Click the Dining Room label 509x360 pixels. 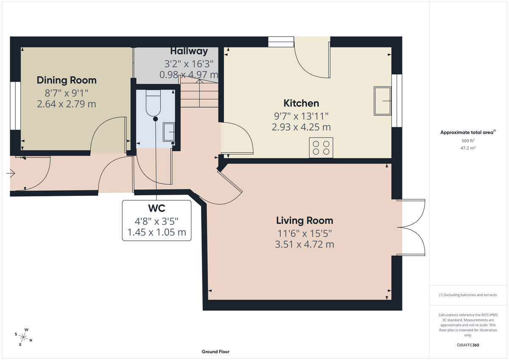point(67,80)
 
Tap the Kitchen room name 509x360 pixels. point(301,103)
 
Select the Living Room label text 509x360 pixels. point(305,220)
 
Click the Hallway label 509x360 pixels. point(189,51)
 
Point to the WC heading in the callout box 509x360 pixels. point(157,208)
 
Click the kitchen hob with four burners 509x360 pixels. point(321,148)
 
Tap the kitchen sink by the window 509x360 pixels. point(382,101)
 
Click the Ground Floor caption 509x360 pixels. point(215,352)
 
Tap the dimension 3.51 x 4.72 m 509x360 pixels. point(305,245)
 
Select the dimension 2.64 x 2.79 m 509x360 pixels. point(67,104)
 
